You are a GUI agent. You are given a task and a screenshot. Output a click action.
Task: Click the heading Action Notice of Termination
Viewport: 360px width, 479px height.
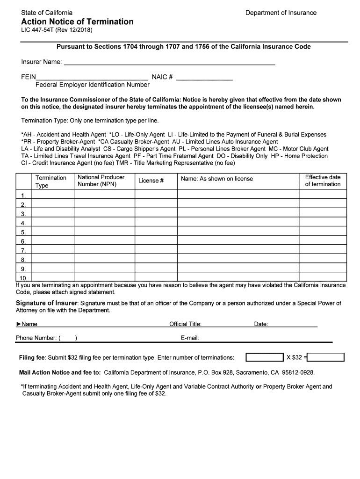tap(77, 22)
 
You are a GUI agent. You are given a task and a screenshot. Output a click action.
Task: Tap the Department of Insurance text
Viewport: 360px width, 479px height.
tap(281, 13)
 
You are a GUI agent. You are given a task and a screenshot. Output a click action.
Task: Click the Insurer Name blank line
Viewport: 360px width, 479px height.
tap(169, 63)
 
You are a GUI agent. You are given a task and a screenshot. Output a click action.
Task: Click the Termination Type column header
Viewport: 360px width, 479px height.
tap(51, 181)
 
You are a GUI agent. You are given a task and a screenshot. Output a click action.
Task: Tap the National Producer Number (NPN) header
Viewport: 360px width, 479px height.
tap(101, 181)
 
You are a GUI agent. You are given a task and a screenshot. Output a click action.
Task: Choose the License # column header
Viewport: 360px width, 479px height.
tap(151, 181)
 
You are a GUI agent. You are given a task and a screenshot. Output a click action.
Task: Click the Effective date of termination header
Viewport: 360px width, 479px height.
tap(323, 181)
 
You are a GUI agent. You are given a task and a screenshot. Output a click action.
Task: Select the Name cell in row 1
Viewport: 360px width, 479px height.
tap(238, 195)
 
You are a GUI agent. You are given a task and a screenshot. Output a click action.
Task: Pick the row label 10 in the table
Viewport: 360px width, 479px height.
tap(23, 277)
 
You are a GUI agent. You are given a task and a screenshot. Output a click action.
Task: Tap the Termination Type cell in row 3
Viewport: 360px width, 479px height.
tap(52, 213)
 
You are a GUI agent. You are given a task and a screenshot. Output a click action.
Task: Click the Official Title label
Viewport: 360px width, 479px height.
tap(185, 324)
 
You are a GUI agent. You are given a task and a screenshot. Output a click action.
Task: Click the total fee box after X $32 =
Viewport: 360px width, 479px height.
tap(326, 358)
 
